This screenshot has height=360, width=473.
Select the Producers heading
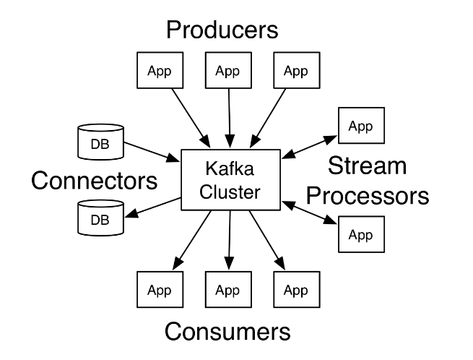[222, 30]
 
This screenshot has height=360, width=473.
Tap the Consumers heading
[227, 332]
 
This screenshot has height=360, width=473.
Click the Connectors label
[95, 179]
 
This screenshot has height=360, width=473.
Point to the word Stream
[367, 167]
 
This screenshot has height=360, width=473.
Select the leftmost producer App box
[160, 71]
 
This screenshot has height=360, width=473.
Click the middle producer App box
[227, 71]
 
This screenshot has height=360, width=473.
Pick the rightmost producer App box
[295, 71]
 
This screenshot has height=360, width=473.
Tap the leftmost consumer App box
[160, 291]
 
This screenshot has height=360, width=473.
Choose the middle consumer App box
[227, 291]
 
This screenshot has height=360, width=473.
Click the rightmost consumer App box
[295, 291]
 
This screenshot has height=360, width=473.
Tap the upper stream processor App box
[360, 126]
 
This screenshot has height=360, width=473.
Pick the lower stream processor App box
[360, 234]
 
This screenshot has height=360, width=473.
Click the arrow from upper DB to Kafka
[152, 150]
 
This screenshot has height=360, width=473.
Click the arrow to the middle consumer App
[229, 242]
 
